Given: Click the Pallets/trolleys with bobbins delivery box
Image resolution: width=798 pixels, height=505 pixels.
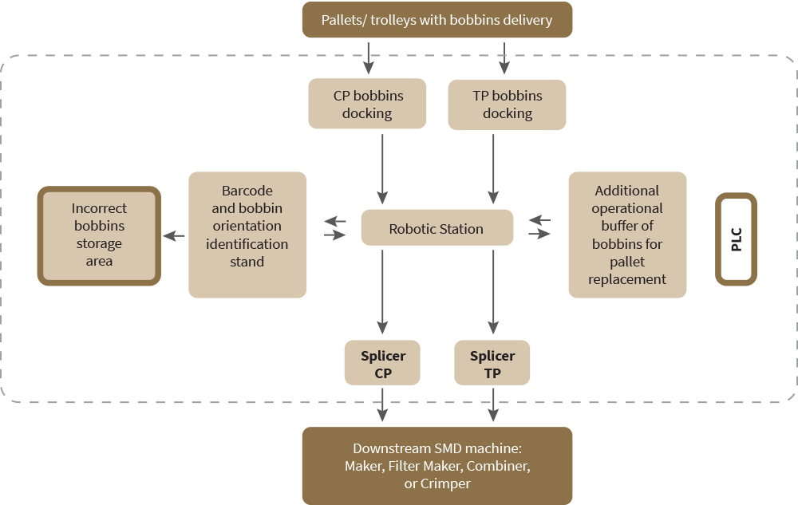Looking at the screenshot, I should (437, 20).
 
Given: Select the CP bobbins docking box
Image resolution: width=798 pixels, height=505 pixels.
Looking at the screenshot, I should (368, 105).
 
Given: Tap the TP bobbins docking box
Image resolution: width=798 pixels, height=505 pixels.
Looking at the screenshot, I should (507, 105).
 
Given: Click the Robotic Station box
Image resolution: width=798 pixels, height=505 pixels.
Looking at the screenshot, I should (437, 228).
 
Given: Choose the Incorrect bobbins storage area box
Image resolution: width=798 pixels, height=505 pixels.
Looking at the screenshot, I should (99, 235).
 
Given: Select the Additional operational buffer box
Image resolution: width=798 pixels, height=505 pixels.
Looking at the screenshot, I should (627, 235).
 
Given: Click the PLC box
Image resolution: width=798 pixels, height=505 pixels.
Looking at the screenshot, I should (736, 239).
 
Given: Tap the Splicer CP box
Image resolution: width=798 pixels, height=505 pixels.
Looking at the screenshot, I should (382, 364).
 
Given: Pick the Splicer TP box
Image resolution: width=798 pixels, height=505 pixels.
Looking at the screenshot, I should (492, 364).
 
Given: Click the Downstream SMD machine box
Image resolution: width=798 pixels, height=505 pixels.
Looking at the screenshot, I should (437, 466).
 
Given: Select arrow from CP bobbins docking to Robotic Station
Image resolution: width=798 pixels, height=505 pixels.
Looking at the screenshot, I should (383, 168).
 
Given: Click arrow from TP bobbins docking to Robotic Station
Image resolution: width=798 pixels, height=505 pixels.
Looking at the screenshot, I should (493, 168).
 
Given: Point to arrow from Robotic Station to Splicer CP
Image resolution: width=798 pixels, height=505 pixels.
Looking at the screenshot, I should (383, 291).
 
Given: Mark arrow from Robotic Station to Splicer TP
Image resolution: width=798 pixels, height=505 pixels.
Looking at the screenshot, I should (493, 291).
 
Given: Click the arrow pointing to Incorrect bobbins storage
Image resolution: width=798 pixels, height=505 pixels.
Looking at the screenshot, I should (174, 235).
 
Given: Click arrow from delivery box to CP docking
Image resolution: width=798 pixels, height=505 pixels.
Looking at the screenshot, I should (369, 56).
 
